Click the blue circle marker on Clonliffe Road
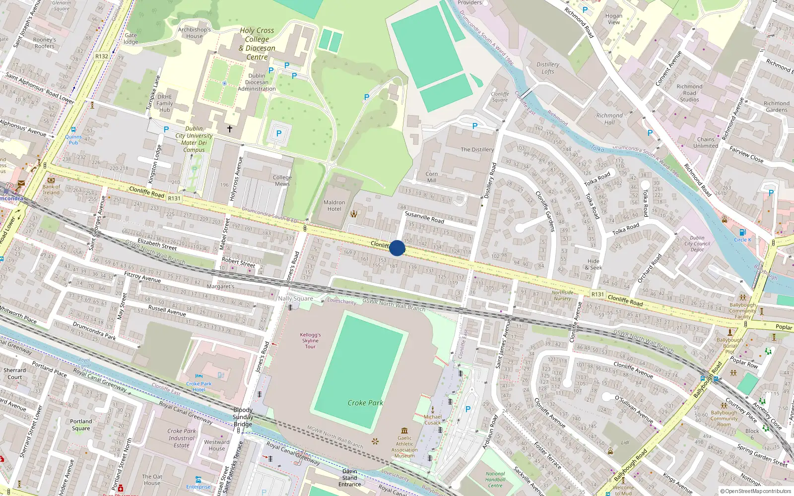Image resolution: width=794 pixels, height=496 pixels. click(397, 248)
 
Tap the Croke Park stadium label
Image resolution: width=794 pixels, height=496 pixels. click(365, 403)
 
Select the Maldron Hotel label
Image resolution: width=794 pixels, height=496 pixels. click(334, 206)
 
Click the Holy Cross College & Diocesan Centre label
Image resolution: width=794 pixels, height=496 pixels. click(257, 44)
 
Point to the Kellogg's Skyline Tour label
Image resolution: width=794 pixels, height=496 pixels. click(310, 341)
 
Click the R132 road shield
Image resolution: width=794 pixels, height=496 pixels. click(102, 57)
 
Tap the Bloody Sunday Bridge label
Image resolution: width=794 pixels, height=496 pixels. click(243, 417)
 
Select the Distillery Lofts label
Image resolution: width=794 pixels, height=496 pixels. click(548, 68)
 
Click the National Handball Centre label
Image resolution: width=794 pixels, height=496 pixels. click(495, 480)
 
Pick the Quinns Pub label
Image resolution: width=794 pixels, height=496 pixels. click(73, 139)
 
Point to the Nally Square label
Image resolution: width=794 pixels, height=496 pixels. click(295, 299)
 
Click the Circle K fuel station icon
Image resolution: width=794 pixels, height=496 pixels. click(742, 233)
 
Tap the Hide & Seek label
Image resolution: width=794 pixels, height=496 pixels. click(594, 264)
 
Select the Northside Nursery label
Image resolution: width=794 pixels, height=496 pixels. click(562, 296)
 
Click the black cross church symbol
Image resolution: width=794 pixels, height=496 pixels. click(230, 129)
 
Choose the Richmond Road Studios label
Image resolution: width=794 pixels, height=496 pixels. click(689, 93)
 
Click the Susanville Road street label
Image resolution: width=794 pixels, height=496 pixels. click(424, 217)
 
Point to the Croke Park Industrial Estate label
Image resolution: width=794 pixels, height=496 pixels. click(182, 438)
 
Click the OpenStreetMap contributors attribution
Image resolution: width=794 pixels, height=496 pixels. click(756, 492)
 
